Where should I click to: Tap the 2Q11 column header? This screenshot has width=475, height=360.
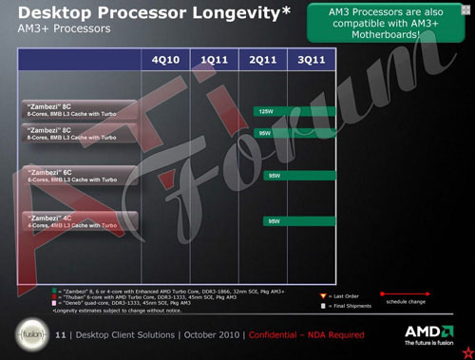(262, 59)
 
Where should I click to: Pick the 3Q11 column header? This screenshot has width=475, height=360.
(312, 59)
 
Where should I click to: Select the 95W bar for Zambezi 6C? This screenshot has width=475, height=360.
(300, 176)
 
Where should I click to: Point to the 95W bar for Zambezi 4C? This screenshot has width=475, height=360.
(300, 220)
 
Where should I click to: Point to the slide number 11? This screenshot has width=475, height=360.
(61, 334)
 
